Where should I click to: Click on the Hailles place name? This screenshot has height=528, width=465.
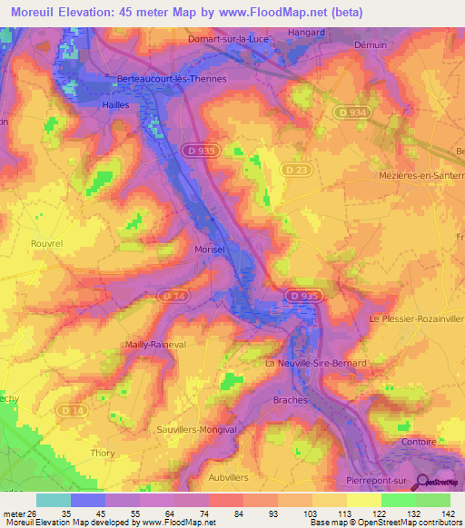pyautogui.click(x=114, y=105)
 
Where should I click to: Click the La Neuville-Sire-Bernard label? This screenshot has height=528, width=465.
pyautogui.click(x=314, y=363)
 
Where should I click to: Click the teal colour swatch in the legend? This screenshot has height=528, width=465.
pyautogui.click(x=53, y=500)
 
